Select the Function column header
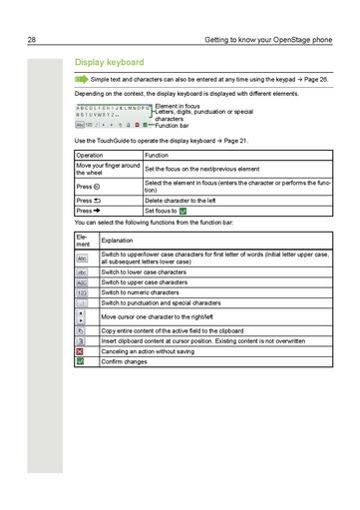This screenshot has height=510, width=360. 157,156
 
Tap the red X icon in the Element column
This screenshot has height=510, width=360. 82,351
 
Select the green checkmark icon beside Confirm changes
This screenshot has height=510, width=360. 82,361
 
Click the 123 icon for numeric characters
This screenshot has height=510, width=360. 82,292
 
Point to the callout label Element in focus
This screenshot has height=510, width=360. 178,106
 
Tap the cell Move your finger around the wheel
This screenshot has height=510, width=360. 108,168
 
